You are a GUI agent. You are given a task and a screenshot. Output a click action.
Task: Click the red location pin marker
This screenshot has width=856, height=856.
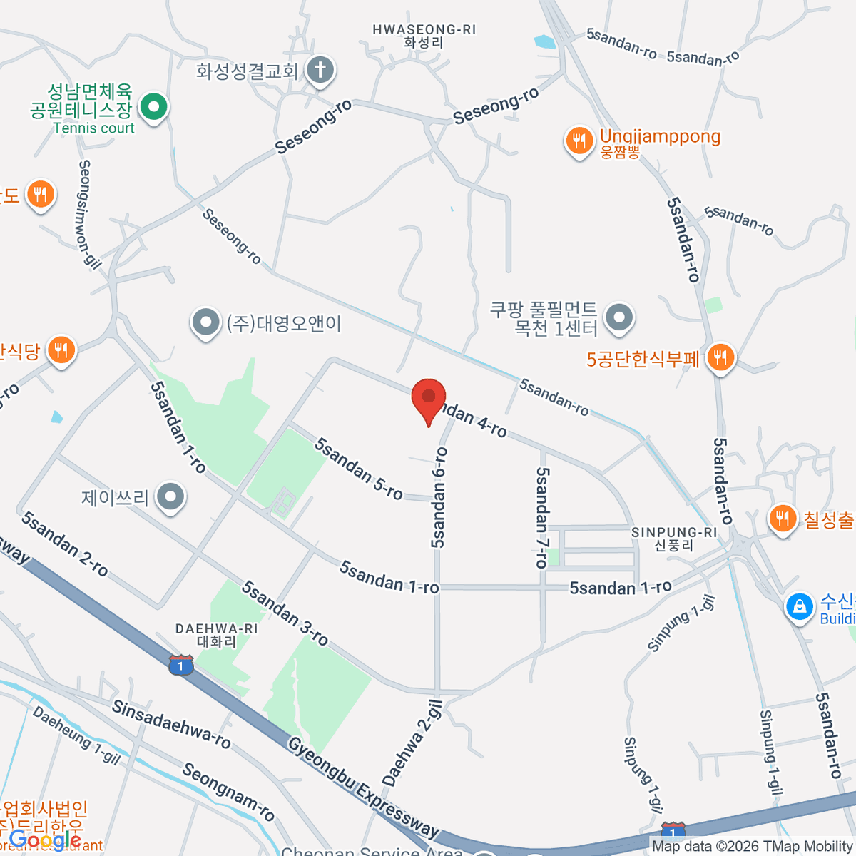pos(429,398)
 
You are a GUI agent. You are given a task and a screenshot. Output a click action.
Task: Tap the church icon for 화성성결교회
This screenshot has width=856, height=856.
pos(320,70)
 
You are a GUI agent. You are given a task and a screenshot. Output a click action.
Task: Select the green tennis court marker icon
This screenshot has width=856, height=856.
pos(153,108)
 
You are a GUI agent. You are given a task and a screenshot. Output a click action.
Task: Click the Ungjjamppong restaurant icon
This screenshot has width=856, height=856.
pos(579,141)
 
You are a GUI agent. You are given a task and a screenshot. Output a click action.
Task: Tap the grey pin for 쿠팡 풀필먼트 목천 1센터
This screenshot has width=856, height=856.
pos(618,318)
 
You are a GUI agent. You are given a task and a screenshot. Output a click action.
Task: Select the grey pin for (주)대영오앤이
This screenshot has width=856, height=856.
pos(206,323)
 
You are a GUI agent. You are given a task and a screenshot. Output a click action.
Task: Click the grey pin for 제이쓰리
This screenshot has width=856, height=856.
pos(170,496)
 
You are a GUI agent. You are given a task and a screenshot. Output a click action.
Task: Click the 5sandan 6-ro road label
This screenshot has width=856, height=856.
pos(439,497)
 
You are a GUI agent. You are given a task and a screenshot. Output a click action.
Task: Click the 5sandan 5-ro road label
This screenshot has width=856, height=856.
pos(359,469)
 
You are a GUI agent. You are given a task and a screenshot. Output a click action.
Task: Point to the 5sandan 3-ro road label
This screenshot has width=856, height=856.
pos(285,613)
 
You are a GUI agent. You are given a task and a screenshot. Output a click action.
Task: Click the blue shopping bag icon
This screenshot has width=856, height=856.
pos(800,607)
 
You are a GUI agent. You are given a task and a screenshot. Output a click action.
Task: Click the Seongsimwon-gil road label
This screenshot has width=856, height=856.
pos(88,214)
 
